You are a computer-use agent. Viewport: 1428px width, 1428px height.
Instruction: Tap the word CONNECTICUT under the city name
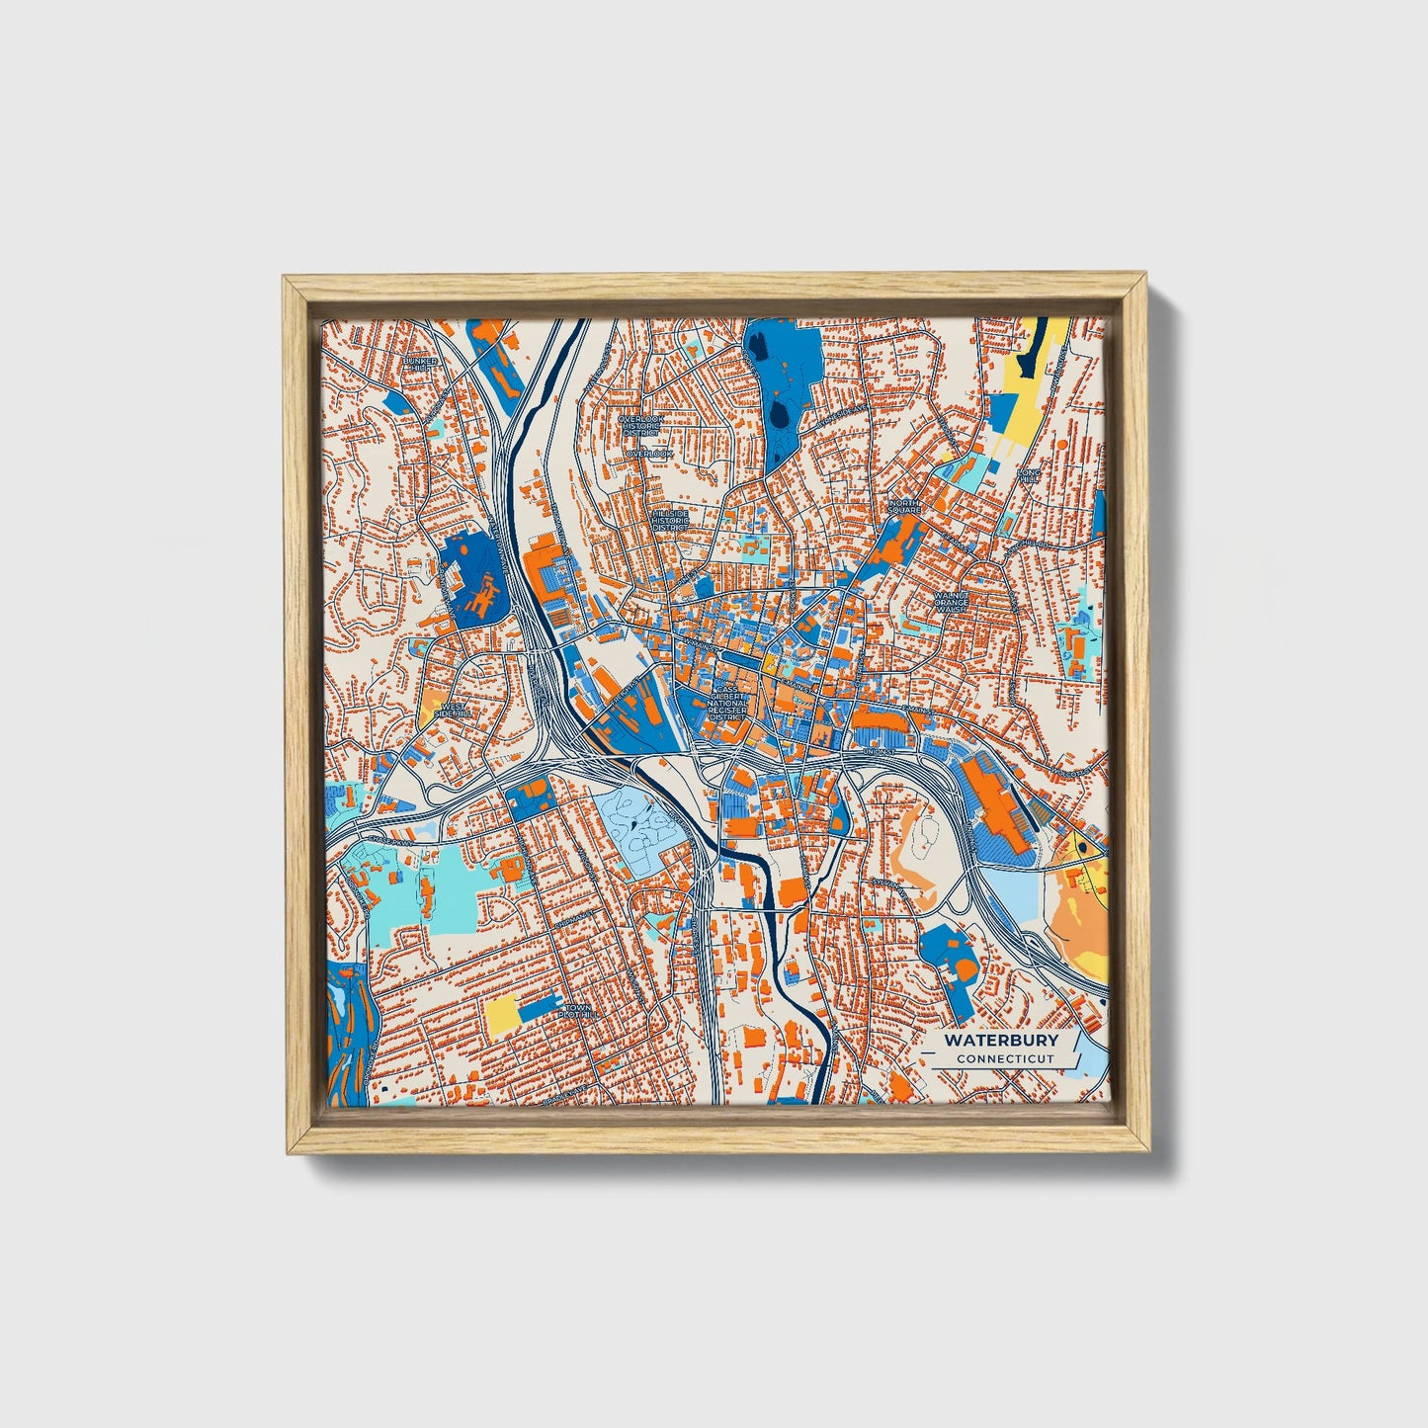click(1004, 1058)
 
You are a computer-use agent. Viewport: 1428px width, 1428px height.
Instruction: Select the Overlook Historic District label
click(642, 426)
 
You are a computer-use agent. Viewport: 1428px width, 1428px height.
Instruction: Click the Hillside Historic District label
click(670, 521)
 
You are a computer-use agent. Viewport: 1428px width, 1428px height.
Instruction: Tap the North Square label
click(904, 506)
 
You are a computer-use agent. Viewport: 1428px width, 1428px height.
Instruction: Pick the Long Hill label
click(1031, 477)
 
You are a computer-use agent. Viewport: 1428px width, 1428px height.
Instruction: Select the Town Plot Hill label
click(575, 1011)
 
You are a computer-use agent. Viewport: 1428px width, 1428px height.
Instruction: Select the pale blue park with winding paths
click(642, 830)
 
